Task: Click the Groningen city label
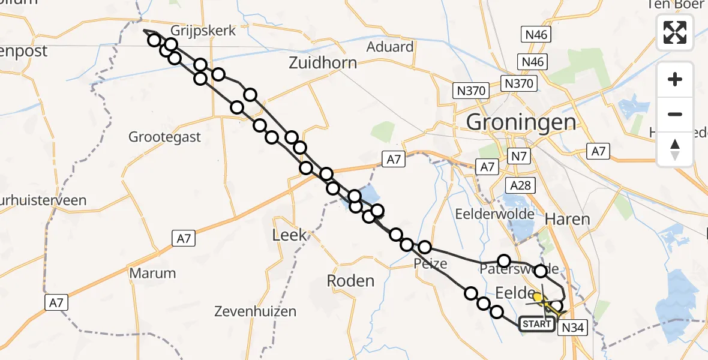[521, 122]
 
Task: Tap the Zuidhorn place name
[322, 62]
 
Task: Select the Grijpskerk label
[197, 30]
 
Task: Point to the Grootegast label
[164, 137]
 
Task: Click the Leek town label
[289, 235]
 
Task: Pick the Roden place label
[350, 280]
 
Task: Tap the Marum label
[153, 274]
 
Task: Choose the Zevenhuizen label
[256, 311]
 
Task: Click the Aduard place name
[391, 47]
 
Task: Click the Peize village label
[430, 264]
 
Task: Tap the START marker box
[536, 324]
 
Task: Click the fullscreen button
[675, 32]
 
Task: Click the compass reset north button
[675, 149]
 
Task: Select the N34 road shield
[571, 328]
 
